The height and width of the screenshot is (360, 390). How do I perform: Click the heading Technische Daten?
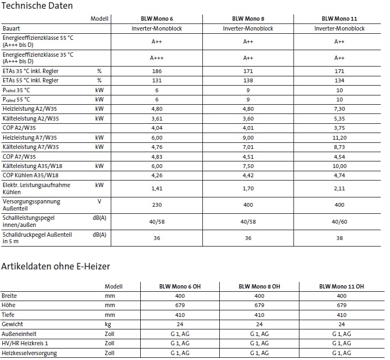(x=38, y=6)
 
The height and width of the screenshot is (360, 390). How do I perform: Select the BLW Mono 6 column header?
(x=156, y=19)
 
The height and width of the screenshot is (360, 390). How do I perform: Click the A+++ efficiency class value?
(x=156, y=58)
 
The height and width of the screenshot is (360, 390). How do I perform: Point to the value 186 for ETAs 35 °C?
(x=156, y=71)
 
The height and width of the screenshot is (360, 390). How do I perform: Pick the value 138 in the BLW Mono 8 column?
(x=248, y=81)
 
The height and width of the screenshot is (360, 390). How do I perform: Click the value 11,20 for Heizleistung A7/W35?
(x=339, y=139)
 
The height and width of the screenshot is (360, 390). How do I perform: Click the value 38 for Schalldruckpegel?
(x=339, y=238)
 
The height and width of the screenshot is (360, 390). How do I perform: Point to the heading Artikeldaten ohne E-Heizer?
(x=56, y=267)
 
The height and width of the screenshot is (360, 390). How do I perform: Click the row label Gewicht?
(x=13, y=324)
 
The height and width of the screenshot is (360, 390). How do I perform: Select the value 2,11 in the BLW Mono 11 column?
(x=339, y=189)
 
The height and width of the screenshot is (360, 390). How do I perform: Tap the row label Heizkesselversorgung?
(x=31, y=353)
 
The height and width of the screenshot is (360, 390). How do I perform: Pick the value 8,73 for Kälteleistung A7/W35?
(x=339, y=147)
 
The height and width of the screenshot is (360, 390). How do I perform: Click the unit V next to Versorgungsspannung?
(x=99, y=201)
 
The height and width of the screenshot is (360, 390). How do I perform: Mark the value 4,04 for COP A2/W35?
(x=156, y=129)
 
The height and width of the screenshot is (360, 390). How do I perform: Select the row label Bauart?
(x=11, y=28)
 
